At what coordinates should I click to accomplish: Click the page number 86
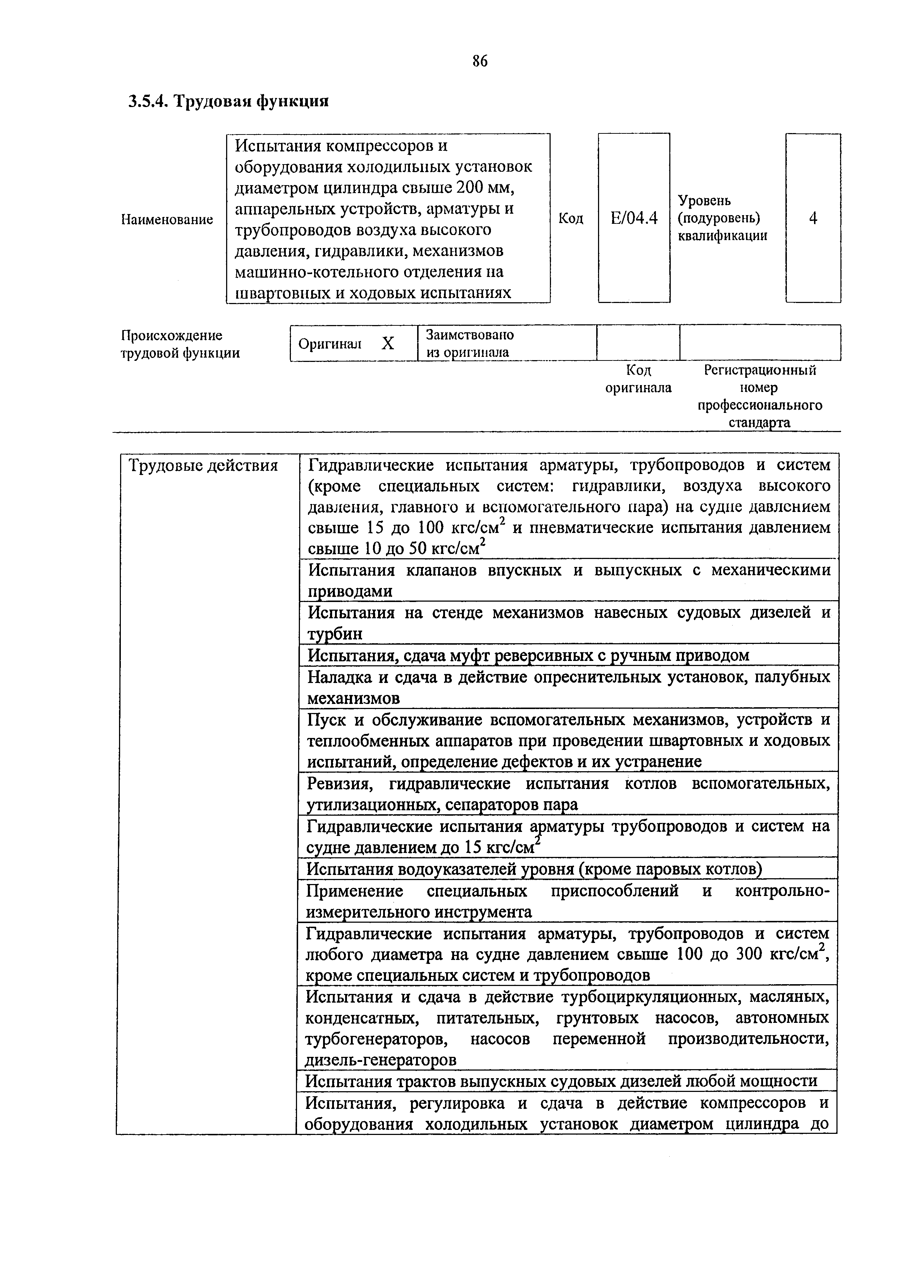click(x=479, y=61)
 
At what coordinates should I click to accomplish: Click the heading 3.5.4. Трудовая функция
click(x=229, y=101)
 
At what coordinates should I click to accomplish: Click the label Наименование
click(x=167, y=219)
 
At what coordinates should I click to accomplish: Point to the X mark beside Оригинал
click(x=387, y=343)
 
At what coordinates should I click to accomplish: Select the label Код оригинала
click(x=638, y=379)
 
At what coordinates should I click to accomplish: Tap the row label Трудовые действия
click(x=204, y=465)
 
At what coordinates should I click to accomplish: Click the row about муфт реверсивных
click(x=528, y=656)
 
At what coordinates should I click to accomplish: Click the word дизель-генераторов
click(x=381, y=1060)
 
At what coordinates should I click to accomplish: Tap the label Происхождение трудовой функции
click(x=180, y=344)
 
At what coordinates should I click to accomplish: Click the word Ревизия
click(x=339, y=784)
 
